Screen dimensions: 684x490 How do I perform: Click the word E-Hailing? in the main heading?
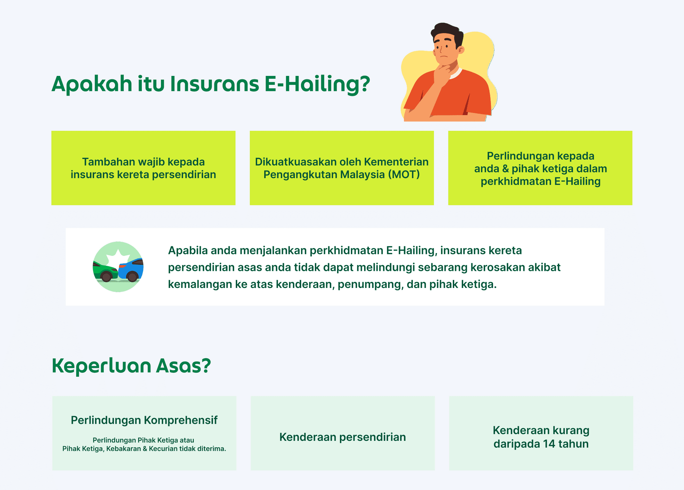click(317, 84)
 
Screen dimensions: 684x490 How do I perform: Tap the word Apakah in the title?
click(92, 84)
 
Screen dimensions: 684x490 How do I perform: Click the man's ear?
click(461, 50)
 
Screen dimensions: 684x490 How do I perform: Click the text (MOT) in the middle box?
click(404, 175)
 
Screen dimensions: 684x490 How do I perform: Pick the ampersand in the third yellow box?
click(506, 169)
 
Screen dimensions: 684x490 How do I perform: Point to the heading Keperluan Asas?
click(131, 366)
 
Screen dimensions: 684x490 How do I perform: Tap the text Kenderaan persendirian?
click(343, 437)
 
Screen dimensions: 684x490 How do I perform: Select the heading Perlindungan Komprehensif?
click(144, 420)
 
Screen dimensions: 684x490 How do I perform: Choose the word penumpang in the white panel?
click(370, 285)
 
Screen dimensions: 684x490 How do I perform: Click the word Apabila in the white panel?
click(188, 251)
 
